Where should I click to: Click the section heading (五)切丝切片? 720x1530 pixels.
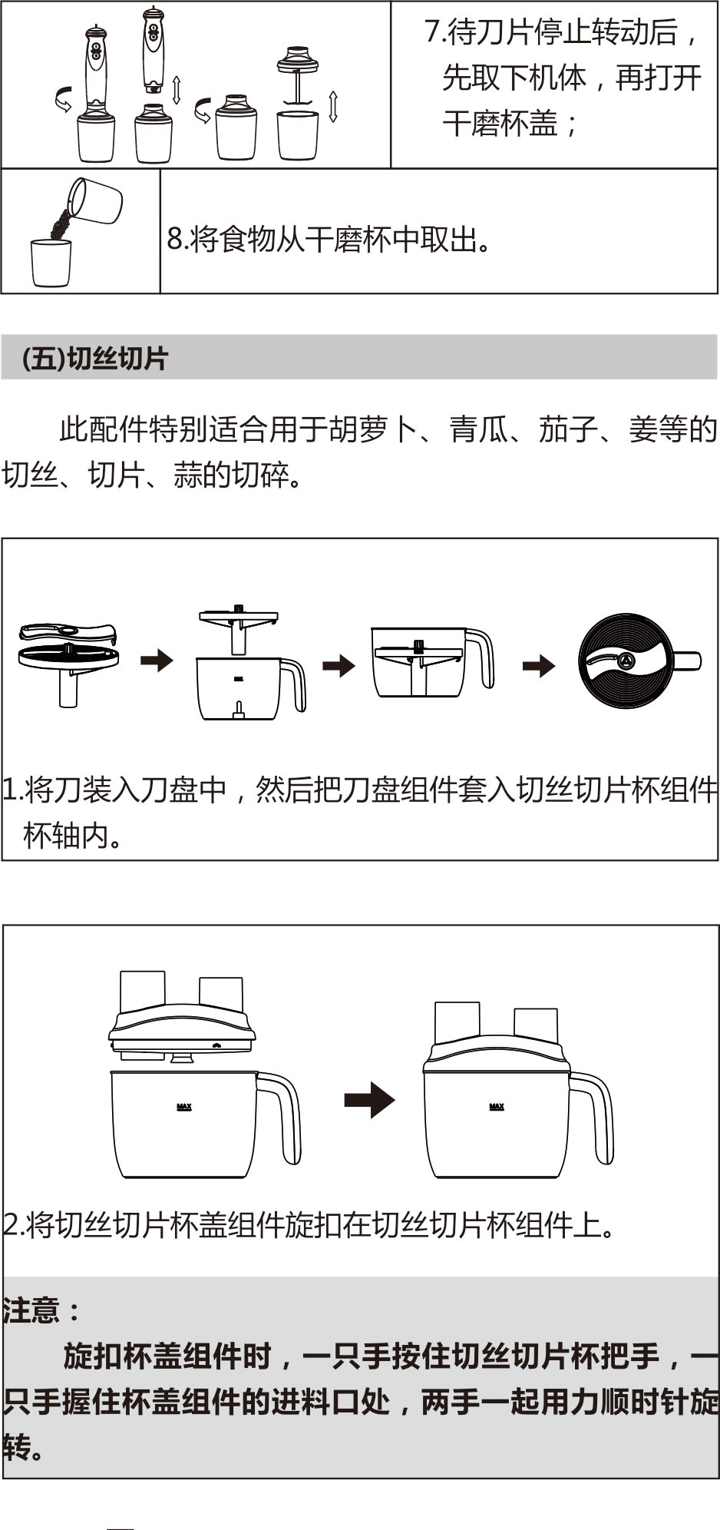pyautogui.click(x=95, y=359)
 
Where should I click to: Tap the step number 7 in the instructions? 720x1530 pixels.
pyautogui.click(x=432, y=32)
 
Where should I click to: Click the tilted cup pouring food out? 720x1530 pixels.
pyautogui.click(x=97, y=200)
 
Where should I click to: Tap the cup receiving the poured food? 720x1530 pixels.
pyautogui.click(x=51, y=263)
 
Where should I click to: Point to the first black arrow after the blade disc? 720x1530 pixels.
pyautogui.click(x=157, y=660)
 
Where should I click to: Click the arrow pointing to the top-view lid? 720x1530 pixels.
pyautogui.click(x=539, y=665)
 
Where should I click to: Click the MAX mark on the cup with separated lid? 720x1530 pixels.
pyautogui.click(x=184, y=1107)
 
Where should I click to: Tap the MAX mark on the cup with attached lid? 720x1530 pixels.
pyautogui.click(x=497, y=1107)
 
